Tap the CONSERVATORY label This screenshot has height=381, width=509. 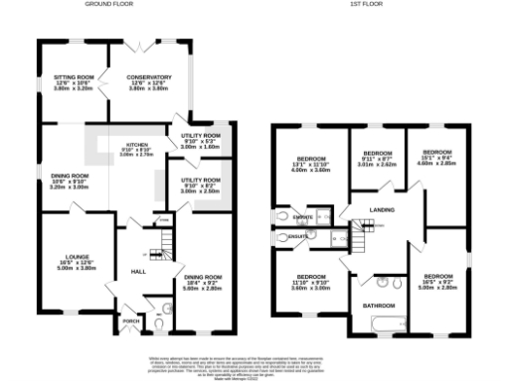149,76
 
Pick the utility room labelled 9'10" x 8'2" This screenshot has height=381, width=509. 202,183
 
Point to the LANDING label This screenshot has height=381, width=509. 382,209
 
